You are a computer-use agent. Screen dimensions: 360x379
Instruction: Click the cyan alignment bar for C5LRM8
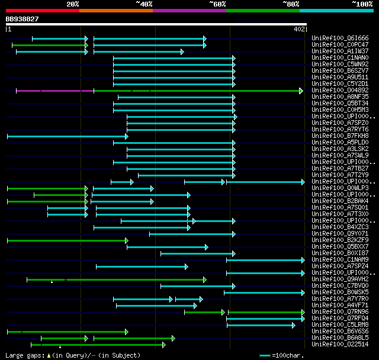pyautogui.click(x=260, y=324)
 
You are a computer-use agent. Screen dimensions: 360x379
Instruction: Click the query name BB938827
pyautogui.click(x=23, y=19)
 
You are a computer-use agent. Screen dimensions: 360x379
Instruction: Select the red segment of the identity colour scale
pyautogui.click(x=42, y=11)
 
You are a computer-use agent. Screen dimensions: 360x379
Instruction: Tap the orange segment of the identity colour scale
pyautogui.click(x=115, y=11)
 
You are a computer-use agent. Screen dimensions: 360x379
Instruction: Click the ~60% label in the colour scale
pyautogui.click(x=217, y=4)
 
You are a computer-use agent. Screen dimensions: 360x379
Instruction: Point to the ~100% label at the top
pyautogui.click(x=362, y=4)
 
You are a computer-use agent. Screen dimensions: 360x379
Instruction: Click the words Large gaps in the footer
pyautogui.click(x=23, y=355)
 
